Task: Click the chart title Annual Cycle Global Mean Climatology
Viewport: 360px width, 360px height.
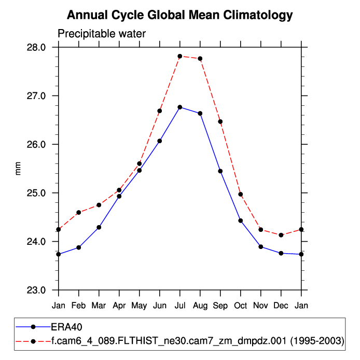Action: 180,16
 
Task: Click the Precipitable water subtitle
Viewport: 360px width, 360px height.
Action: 102,34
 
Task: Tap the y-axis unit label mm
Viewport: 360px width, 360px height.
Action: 19,169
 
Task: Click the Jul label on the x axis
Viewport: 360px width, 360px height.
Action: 180,306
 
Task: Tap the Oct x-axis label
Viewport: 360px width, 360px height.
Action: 241,306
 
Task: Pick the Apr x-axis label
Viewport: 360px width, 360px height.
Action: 119,306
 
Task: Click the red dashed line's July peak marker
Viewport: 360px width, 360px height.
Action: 180,56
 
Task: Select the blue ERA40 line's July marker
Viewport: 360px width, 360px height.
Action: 180,107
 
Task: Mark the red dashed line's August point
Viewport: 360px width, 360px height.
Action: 200,59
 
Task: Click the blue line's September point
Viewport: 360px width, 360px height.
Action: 220,171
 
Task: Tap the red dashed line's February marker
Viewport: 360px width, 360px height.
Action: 79,212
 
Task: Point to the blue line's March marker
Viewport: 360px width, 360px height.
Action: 99,227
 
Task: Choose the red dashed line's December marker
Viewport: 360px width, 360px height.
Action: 281,235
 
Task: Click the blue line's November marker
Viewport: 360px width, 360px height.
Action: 261,246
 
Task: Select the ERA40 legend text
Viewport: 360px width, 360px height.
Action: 67,327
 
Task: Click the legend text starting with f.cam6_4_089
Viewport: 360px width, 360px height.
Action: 197,341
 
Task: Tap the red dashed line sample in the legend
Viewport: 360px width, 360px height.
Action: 33,341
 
